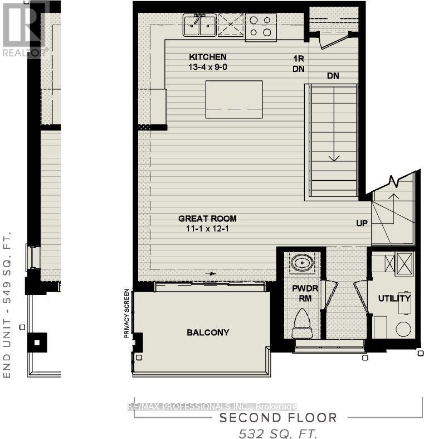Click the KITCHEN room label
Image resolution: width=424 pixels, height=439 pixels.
[x=207, y=57]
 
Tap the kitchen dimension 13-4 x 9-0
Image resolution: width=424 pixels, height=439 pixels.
[x=207, y=67]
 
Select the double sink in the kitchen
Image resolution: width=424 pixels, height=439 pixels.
[x=200, y=26]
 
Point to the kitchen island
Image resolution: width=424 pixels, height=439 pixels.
[x=234, y=99]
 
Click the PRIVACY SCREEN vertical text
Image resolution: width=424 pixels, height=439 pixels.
[x=127, y=313]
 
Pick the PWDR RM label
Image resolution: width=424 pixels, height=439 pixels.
[x=304, y=293]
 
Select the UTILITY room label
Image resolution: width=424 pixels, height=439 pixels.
[x=394, y=299]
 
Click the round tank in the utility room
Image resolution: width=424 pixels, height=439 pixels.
[x=403, y=329]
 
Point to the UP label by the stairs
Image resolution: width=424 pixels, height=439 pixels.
[x=363, y=223]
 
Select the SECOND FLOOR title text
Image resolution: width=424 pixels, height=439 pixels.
[x=278, y=418]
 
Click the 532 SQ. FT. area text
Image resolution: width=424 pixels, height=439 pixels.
[x=278, y=433]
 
